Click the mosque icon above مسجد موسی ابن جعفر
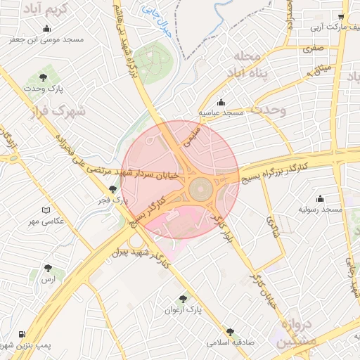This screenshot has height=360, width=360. [46, 29]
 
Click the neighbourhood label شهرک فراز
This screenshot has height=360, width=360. [58, 111]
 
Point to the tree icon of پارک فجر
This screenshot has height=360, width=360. [113, 189]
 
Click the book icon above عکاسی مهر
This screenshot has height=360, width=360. [46, 210]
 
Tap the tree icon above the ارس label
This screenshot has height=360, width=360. [48, 268]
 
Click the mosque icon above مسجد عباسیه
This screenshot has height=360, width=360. [221, 101]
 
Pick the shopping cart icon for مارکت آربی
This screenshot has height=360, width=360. [341, 18]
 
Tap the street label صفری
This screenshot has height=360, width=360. [313, 49]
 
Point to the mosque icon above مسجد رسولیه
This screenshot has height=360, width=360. [321, 198]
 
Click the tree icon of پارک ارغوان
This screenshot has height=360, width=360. [184, 298]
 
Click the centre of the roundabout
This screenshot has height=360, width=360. [200, 188]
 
